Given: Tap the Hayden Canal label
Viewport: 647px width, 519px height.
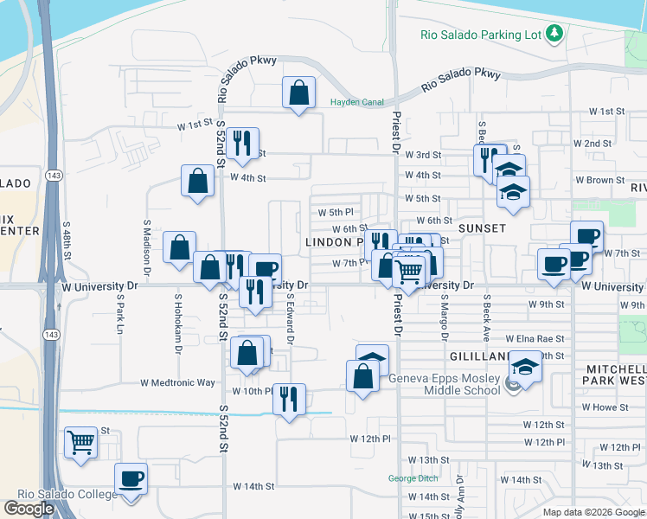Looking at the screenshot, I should [356, 102].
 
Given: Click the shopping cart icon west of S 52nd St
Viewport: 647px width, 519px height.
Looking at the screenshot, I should [80, 443].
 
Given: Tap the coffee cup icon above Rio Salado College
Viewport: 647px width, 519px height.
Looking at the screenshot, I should [131, 479].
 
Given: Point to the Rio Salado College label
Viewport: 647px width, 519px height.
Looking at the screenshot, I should [59, 494].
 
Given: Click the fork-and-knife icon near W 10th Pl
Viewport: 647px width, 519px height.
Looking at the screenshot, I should [289, 400].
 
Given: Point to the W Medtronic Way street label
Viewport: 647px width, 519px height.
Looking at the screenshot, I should [177, 382].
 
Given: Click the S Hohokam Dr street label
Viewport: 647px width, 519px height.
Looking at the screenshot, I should [178, 324].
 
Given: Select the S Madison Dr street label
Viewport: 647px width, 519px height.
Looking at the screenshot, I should [147, 248].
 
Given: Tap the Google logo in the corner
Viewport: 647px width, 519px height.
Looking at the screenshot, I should [29, 508].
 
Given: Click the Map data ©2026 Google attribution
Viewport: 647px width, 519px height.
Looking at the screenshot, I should [592, 512].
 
